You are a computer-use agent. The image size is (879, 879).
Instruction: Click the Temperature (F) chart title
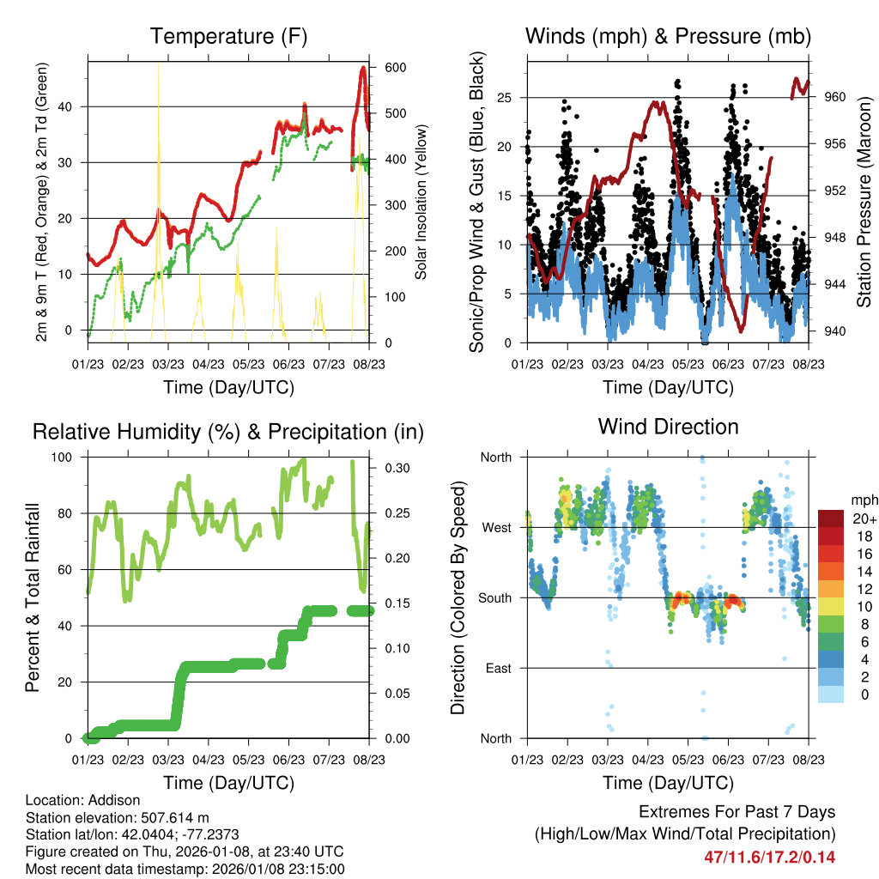(x=228, y=37)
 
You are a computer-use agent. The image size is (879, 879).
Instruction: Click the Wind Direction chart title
(x=668, y=427)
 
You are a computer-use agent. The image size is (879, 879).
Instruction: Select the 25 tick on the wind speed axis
(x=506, y=97)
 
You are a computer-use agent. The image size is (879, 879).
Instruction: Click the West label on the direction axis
(x=496, y=527)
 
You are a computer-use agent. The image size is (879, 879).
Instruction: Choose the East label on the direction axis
(x=497, y=668)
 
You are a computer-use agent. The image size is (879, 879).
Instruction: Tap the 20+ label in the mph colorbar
(x=864, y=518)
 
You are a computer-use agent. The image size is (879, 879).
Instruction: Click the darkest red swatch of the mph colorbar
(x=831, y=518)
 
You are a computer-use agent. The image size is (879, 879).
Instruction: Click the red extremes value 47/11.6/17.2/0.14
(x=769, y=857)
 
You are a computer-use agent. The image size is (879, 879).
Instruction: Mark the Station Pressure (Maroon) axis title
(x=864, y=203)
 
